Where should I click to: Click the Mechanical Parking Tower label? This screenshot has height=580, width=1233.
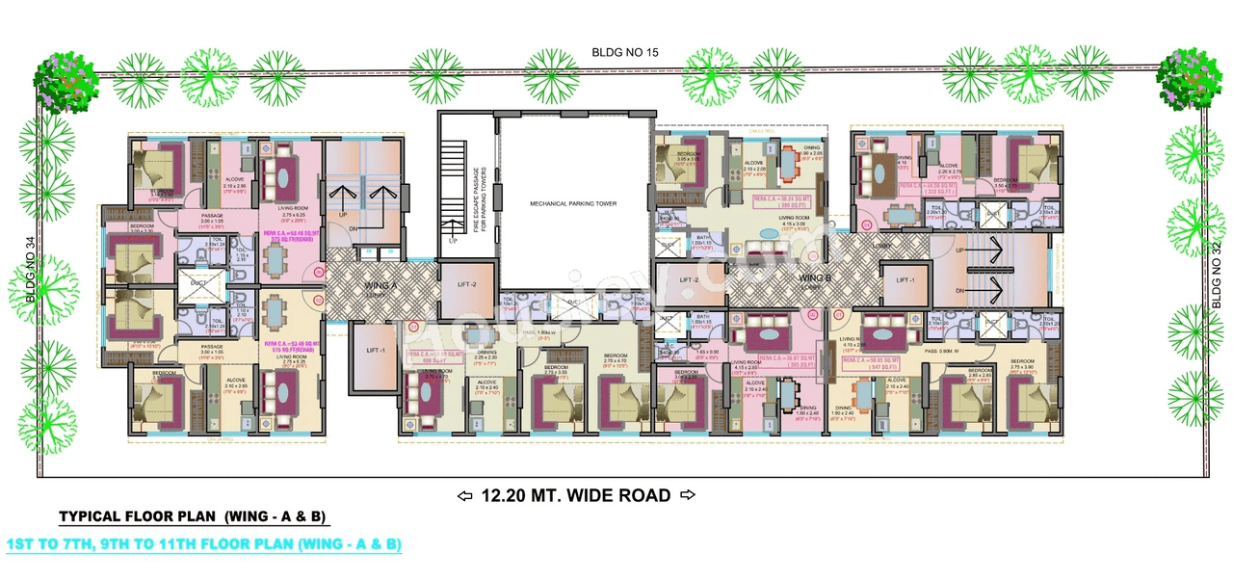[572, 203]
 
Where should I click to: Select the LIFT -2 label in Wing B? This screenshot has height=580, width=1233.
[688, 280]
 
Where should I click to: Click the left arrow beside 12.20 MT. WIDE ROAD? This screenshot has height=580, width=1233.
[464, 496]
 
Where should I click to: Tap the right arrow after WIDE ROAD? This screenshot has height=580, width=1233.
[687, 496]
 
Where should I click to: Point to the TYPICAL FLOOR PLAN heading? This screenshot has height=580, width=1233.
[194, 517]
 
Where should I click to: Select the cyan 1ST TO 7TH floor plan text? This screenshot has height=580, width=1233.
[203, 544]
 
